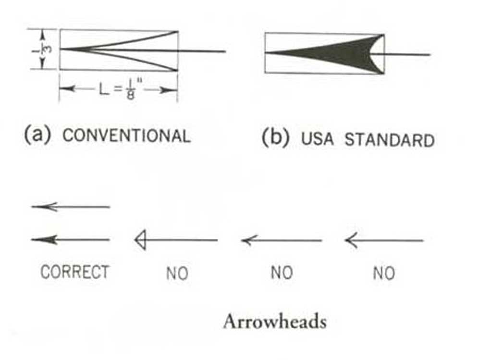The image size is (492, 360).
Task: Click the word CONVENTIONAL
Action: click(x=126, y=136)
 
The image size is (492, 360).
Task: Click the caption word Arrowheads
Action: click(x=274, y=322)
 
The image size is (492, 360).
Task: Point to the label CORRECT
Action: click(x=74, y=272)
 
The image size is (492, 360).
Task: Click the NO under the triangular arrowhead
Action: click(x=177, y=273)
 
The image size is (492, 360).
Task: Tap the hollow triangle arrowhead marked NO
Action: click(x=140, y=240)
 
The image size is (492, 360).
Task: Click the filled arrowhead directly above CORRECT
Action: click(x=47, y=239)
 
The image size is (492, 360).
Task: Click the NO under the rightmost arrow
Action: click(x=383, y=273)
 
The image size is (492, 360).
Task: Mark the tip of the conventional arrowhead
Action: click(x=61, y=49)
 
